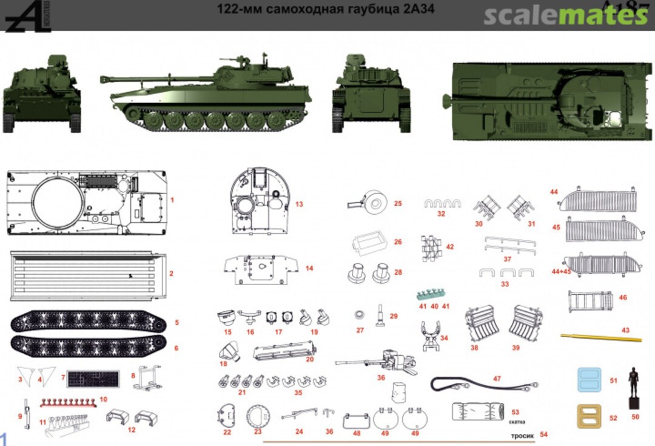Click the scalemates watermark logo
pyautogui.click(x=565, y=15)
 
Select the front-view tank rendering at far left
pyautogui.click(x=42, y=94)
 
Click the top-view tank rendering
pyautogui.click(x=543, y=97)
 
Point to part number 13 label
pyautogui.click(x=299, y=204)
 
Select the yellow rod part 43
pyautogui.click(x=595, y=333)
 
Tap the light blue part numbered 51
pyautogui.click(x=588, y=380)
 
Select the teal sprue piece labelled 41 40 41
pyautogui.click(x=433, y=295)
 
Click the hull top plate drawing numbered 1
pyautogui.click(x=87, y=203)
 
